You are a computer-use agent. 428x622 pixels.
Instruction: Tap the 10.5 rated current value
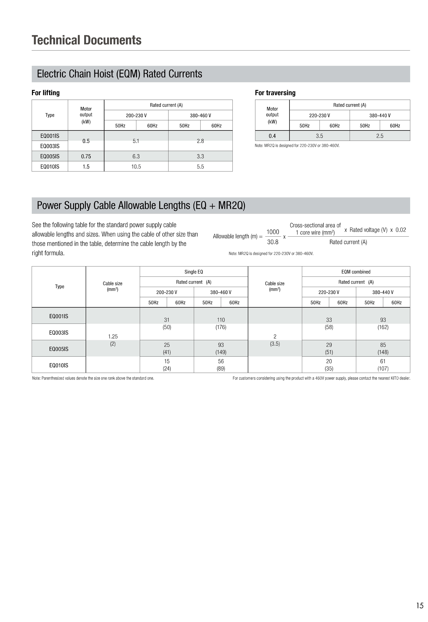[136, 167]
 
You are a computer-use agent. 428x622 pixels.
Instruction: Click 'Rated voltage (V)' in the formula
[368, 230]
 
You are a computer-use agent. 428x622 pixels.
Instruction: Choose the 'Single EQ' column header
[194, 272]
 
